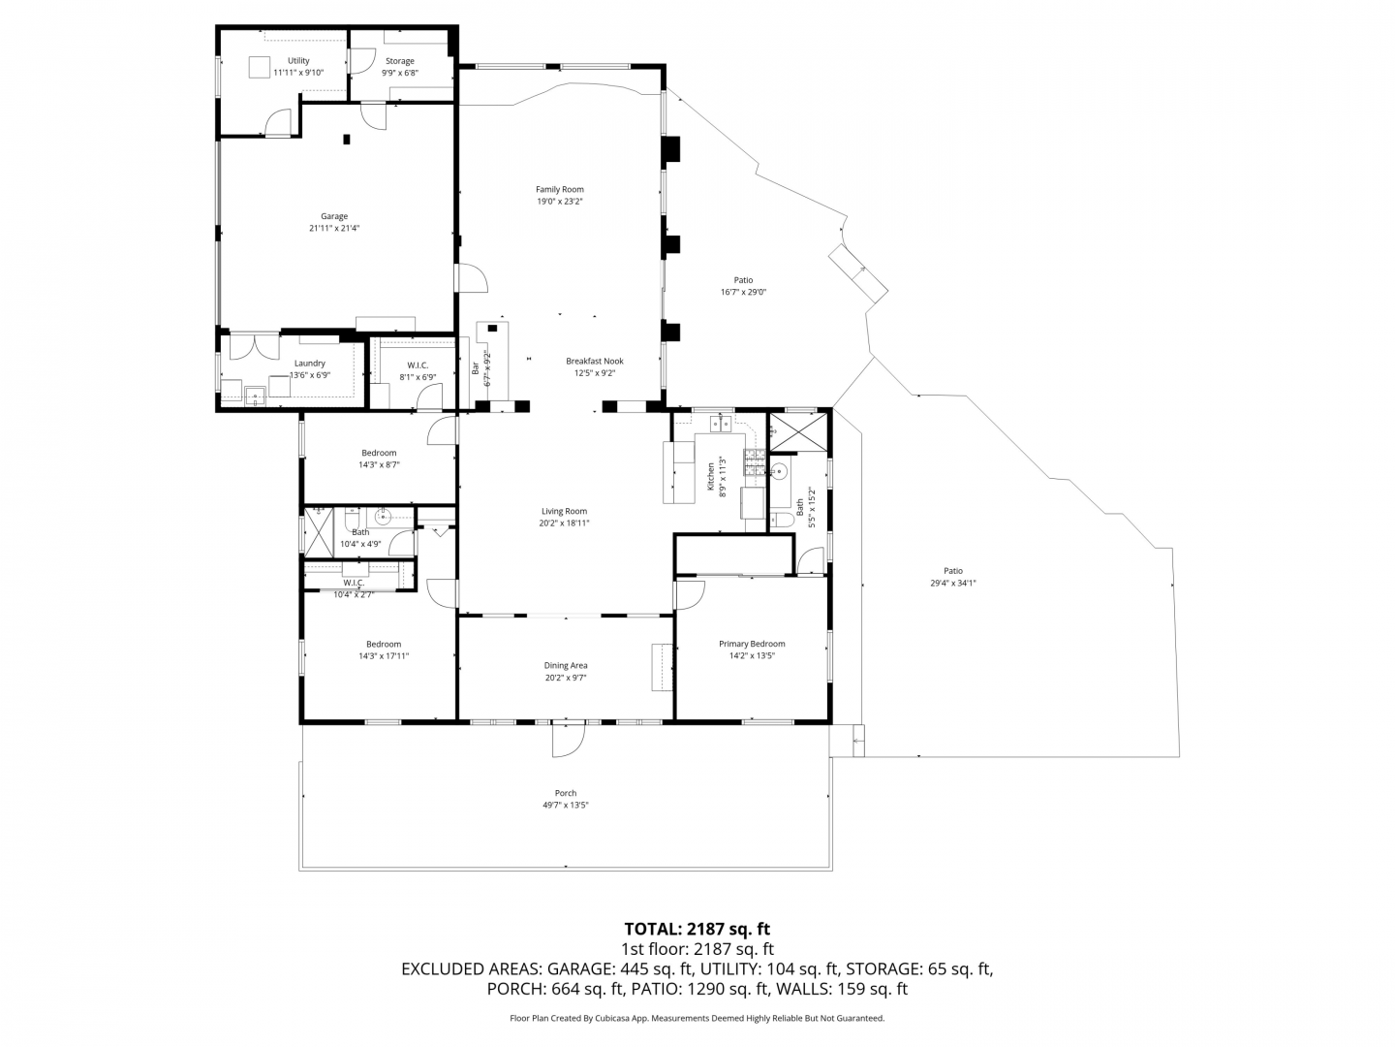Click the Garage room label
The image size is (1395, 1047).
(333, 217)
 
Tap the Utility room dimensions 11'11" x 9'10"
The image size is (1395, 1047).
(298, 73)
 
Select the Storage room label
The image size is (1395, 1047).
(400, 61)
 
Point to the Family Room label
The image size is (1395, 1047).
(559, 189)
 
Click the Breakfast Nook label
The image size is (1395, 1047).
(595, 361)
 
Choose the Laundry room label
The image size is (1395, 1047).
(309, 364)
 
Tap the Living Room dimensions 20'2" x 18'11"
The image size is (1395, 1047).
(564, 523)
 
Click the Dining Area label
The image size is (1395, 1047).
(566, 666)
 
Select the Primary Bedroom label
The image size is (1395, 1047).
(752, 644)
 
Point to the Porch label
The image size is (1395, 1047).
(566, 793)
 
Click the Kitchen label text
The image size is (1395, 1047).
(711, 477)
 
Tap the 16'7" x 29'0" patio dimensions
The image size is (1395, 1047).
(744, 293)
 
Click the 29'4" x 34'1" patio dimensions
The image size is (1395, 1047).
(952, 583)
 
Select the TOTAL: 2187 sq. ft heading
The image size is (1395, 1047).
(697, 930)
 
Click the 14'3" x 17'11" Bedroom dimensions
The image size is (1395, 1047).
(384, 656)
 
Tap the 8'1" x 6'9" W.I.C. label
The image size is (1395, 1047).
(418, 377)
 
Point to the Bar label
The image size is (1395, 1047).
(476, 368)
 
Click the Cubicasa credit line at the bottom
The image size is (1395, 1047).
(697, 1018)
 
